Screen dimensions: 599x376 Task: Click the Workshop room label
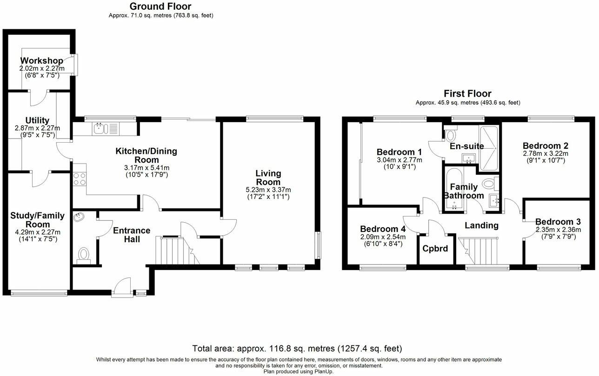(x=42, y=61)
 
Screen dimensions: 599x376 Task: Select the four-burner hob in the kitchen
(x=80, y=179)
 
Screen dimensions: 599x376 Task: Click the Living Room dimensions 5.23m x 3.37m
(x=268, y=190)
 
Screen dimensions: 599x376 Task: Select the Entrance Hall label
(x=132, y=235)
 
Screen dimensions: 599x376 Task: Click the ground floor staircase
(x=178, y=251)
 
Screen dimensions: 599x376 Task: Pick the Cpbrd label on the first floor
(x=435, y=249)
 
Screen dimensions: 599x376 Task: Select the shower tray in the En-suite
(x=489, y=148)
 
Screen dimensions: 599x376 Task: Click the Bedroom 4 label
(x=383, y=229)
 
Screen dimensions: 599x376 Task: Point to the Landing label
(x=482, y=225)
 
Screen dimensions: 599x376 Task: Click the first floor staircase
(x=478, y=251)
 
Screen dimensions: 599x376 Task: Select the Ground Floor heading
(x=160, y=6)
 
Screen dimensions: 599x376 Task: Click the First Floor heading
(x=468, y=93)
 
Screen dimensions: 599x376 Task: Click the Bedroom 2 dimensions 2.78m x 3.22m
(x=546, y=154)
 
